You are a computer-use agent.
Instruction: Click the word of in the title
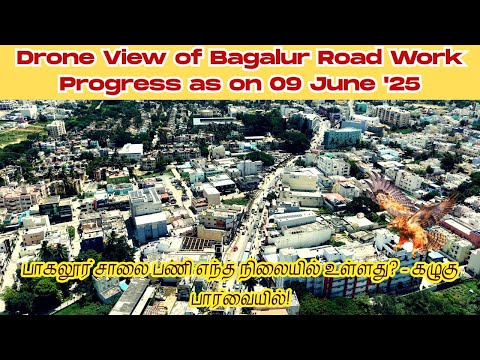click(176, 59)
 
